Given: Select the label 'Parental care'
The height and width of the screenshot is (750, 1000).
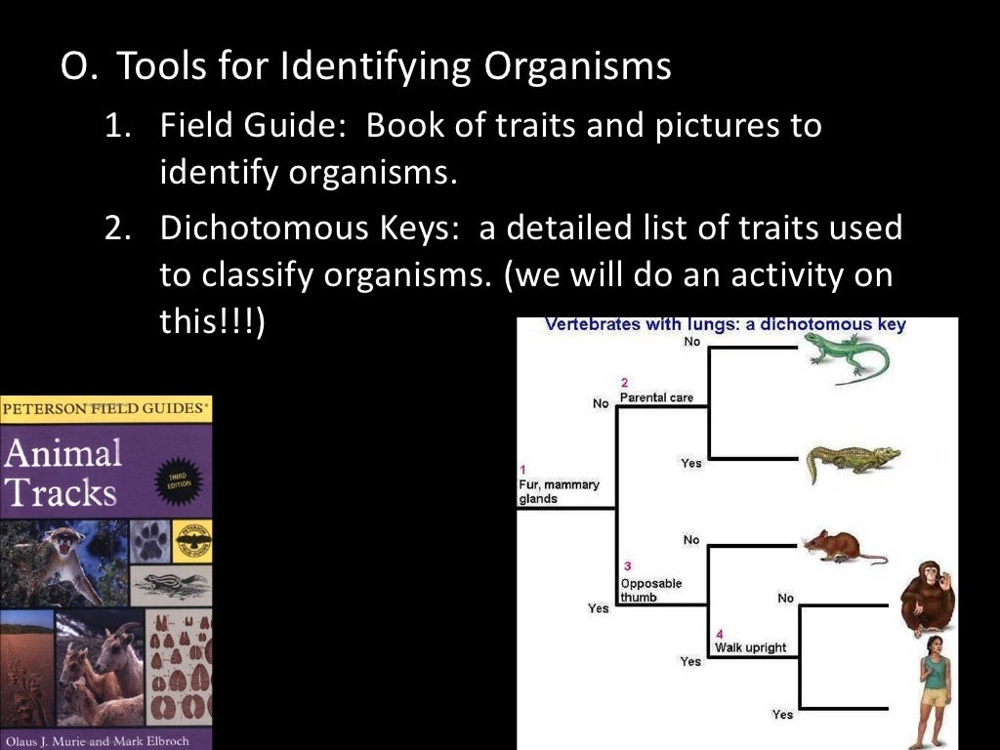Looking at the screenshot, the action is [656, 397].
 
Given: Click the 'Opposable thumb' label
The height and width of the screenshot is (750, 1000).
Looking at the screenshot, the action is [650, 590].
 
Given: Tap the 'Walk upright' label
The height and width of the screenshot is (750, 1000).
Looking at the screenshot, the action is [750, 647].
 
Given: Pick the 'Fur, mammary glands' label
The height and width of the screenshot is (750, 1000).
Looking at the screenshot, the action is [559, 491].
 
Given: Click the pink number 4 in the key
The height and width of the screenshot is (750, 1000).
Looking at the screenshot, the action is [719, 633].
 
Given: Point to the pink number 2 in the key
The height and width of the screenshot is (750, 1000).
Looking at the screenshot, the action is [624, 382].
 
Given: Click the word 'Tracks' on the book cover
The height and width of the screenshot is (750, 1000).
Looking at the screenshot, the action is [61, 492].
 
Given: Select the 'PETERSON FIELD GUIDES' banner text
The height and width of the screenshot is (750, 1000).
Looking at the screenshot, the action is [105, 408].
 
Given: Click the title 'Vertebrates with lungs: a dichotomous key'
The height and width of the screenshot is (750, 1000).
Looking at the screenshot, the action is [725, 325].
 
